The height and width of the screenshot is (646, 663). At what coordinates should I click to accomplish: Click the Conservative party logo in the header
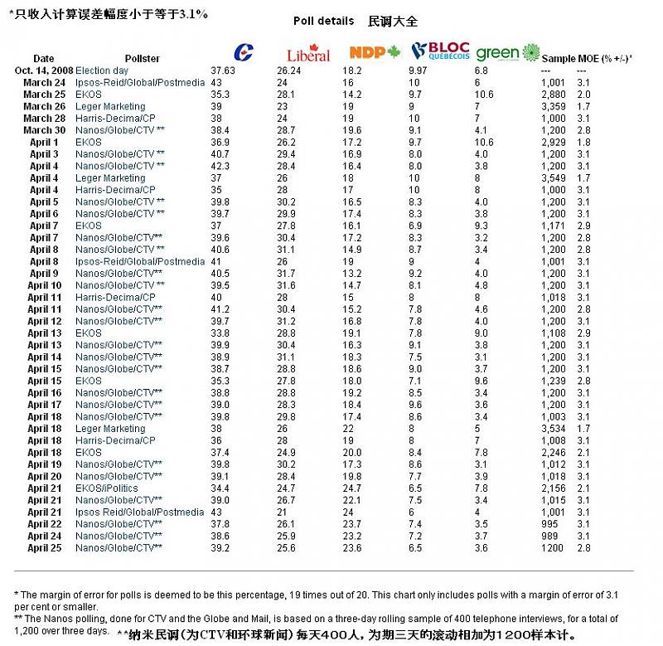[245, 52]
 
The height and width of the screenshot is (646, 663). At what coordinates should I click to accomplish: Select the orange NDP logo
[375, 52]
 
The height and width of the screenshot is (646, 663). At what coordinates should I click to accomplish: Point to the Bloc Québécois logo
[440, 52]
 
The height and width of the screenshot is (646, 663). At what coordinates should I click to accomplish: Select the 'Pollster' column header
[143, 59]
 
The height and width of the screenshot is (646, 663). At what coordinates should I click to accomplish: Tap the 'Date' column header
[44, 59]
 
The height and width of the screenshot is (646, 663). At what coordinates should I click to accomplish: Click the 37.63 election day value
[223, 70]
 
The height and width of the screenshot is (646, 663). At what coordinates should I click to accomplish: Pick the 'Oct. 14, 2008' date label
[44, 70]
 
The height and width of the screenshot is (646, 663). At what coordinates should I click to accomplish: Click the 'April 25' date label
[44, 548]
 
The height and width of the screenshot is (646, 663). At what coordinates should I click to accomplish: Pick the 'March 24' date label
[44, 83]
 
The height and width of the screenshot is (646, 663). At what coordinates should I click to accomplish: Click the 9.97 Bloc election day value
[420, 70]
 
